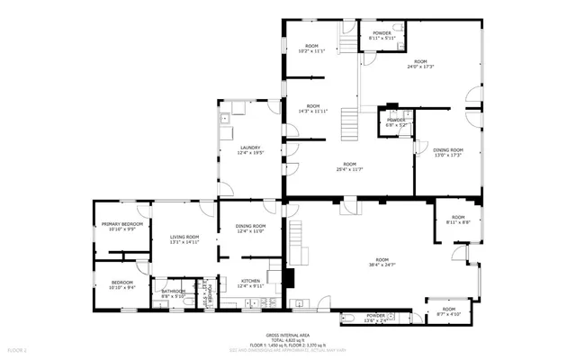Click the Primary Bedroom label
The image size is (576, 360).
tap(122, 226)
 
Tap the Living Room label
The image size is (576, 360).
tap(184, 238)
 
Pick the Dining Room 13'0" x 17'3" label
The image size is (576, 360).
tap(447, 152)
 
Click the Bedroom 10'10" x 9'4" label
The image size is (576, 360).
tap(122, 285)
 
